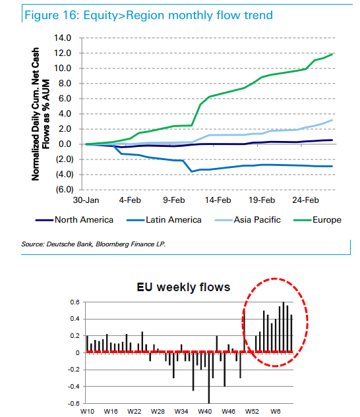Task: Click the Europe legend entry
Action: pos(317,219)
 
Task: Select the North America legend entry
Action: pos(75,219)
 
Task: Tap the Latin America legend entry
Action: pos(164,219)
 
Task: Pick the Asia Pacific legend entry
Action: pos(248,219)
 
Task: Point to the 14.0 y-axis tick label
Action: pos(63,38)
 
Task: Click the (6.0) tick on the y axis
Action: pos(64,189)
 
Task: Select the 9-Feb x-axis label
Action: pos(174,200)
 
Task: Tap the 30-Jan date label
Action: pos(86,200)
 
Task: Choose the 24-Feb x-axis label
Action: pos(305,200)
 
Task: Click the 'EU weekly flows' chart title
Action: pos(183,287)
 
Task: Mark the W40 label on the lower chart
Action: pos(205,412)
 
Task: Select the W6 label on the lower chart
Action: pos(276,412)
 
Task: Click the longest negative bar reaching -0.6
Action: pos(209,378)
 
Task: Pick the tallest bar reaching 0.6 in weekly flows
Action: pos(284,327)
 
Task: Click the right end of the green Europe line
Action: pos(332,54)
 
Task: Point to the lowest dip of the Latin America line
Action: pos(192,171)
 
